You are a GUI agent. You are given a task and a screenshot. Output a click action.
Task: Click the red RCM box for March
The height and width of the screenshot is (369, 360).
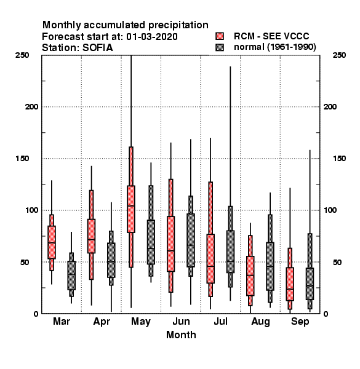(x=52, y=242)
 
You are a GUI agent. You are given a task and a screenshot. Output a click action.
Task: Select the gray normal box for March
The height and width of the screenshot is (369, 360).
(x=71, y=276)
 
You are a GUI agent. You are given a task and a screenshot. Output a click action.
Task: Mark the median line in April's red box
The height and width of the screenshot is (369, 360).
(x=91, y=240)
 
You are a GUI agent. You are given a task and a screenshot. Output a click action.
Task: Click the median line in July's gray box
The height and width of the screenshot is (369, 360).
(x=231, y=261)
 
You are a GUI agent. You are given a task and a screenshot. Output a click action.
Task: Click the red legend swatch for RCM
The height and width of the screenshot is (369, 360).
(x=220, y=36)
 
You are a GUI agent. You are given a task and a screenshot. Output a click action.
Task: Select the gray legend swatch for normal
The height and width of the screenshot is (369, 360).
(x=220, y=47)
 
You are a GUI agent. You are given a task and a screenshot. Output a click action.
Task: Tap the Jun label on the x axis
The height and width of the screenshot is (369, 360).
(x=181, y=321)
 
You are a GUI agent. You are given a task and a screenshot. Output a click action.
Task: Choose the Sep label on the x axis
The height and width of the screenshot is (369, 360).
(x=300, y=322)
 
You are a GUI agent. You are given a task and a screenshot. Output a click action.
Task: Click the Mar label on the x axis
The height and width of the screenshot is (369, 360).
(x=62, y=321)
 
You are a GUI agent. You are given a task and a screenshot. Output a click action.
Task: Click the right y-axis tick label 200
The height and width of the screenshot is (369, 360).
(x=330, y=107)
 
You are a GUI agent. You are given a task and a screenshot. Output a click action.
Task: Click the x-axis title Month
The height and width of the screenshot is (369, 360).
(x=181, y=335)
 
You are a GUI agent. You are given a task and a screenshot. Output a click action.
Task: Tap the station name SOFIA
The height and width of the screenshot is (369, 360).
(x=98, y=48)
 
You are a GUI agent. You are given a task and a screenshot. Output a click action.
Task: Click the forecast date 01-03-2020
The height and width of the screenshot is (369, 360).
(x=152, y=37)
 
